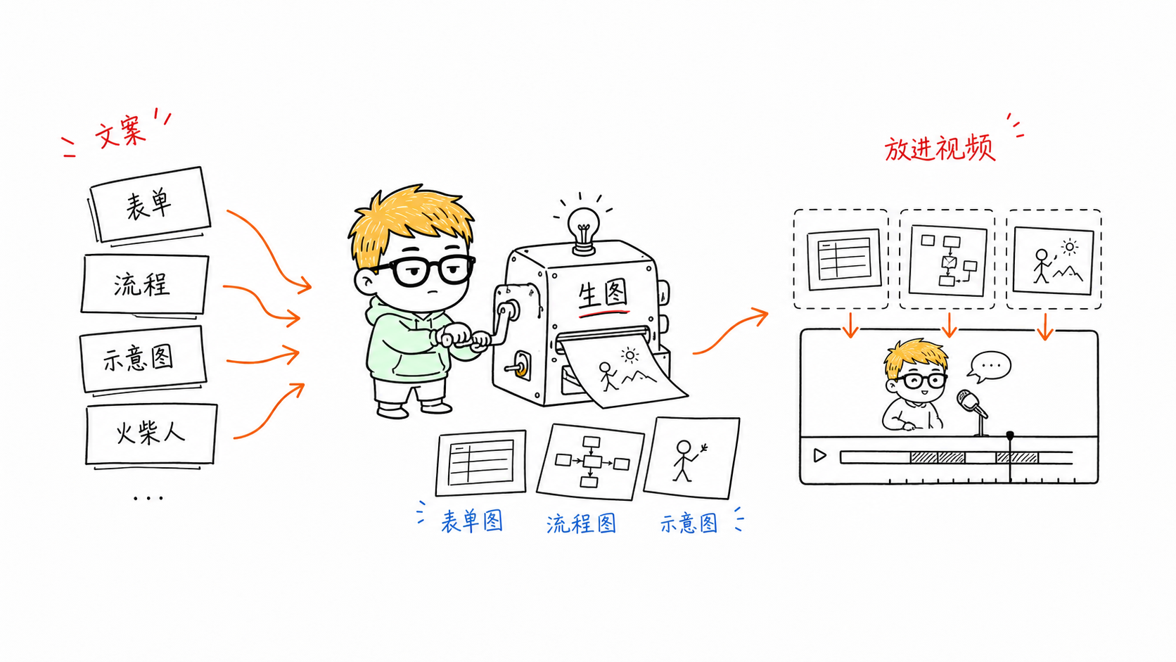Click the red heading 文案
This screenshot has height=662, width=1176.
click(120, 132)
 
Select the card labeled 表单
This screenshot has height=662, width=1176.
click(150, 204)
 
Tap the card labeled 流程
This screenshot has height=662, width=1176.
click(144, 285)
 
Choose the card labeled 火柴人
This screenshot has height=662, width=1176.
click(151, 434)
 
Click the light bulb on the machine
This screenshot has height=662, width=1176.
click(583, 230)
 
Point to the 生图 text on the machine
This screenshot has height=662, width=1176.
click(603, 295)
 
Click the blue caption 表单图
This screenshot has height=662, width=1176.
click(472, 521)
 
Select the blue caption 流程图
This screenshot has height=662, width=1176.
click(581, 523)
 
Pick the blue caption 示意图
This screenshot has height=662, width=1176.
click(689, 523)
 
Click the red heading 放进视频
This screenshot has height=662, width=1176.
click(940, 148)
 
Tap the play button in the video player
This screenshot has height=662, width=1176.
click(819, 455)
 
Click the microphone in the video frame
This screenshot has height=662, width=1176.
click(974, 412)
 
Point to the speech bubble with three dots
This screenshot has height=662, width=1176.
click(990, 366)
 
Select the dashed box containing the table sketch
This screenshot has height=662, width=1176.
click(841, 259)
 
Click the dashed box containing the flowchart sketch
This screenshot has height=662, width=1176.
click(947, 259)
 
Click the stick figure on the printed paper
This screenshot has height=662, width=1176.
click(607, 376)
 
